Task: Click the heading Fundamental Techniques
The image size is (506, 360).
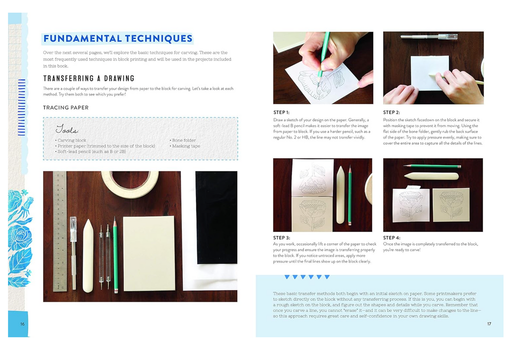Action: (118, 39)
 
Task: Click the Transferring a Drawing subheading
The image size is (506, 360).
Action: (89, 78)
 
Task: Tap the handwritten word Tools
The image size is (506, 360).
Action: (67, 129)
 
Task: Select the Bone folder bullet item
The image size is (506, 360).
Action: (183, 140)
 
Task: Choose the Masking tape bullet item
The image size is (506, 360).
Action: (185, 146)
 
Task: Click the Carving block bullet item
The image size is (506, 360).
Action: (71, 140)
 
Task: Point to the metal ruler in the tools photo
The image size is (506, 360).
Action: (60, 231)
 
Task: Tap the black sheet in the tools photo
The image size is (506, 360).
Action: (216, 217)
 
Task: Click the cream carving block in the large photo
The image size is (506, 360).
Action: (149, 254)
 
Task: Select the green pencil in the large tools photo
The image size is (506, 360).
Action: (115, 255)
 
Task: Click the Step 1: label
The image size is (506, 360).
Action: (282, 112)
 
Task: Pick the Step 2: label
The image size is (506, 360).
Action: (391, 112)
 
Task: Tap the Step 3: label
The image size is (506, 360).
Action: (282, 238)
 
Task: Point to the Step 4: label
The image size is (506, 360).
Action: (392, 238)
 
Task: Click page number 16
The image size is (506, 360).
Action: (22, 324)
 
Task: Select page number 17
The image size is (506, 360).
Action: (489, 324)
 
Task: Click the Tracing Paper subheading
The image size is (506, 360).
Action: (66, 107)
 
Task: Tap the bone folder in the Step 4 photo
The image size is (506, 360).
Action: (431, 176)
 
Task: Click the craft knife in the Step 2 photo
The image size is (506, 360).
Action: (429, 37)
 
